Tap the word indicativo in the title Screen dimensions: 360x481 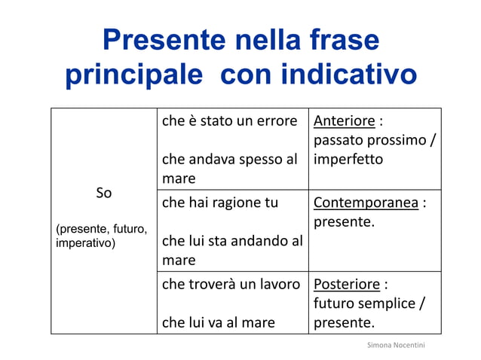tap(348, 75)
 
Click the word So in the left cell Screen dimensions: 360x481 tap(104, 193)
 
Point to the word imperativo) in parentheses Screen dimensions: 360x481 tap(86, 244)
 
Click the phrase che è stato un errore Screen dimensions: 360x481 tap(229, 122)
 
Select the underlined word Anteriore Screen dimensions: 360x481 tap(344, 122)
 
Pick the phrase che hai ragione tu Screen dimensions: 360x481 tap(220, 203)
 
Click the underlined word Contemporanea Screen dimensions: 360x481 tap(365, 203)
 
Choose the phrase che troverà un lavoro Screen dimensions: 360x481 tap(231, 285)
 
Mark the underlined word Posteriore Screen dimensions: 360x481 tap(346, 285)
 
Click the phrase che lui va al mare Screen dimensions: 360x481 tap(218, 322)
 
